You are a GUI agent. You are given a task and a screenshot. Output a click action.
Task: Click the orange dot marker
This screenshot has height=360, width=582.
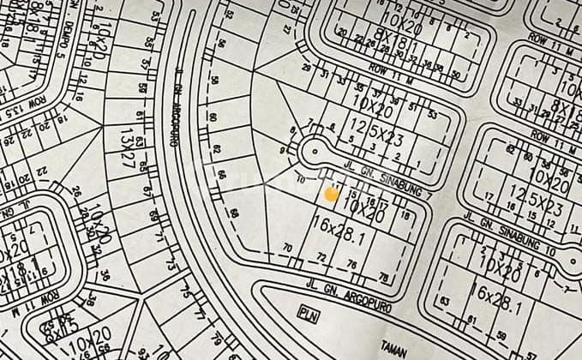click(x=332, y=195)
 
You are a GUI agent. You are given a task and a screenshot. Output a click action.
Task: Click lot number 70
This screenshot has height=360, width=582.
click(x=288, y=249)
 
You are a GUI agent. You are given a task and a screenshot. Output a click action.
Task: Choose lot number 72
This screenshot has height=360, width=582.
click(x=321, y=256)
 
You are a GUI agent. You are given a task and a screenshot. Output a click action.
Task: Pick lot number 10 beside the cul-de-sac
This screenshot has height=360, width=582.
click(x=300, y=180)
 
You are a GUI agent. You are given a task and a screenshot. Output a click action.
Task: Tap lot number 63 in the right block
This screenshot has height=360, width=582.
click(x=445, y=301)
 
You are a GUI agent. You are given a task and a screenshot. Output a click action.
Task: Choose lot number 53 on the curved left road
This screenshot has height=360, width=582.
click(x=156, y=15)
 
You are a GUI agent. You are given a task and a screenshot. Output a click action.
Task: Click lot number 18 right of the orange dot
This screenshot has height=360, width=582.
click(x=405, y=216)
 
